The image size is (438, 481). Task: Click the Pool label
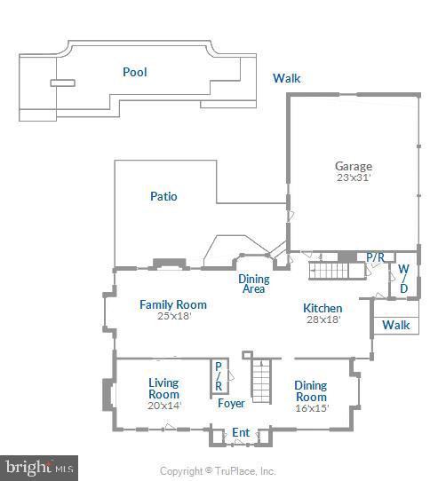[x=135, y=72]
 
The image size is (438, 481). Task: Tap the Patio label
[x=163, y=196]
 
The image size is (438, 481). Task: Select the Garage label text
[x=353, y=166]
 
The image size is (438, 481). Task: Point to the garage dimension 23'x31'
[x=353, y=177]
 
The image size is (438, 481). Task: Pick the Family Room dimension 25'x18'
[x=173, y=316]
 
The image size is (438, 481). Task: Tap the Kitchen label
[x=323, y=308]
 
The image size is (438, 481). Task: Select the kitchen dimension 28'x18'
[x=323, y=319]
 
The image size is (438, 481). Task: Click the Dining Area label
[x=253, y=283]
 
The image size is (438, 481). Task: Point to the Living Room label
[x=163, y=389]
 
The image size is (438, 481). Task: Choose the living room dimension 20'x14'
[x=163, y=406]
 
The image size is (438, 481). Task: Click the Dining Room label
[x=311, y=391]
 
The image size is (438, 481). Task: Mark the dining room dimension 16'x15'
[x=311, y=409]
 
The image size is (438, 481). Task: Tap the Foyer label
[x=232, y=404]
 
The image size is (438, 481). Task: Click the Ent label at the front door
[x=241, y=433]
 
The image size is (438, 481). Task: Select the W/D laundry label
[x=403, y=278]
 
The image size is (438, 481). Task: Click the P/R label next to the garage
[x=376, y=257]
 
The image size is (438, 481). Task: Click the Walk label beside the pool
[x=286, y=78]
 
